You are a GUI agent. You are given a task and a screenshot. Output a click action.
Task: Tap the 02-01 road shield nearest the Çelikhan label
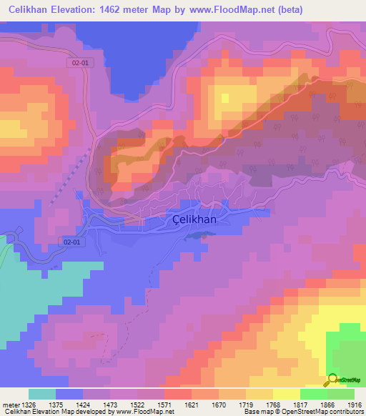[72, 242]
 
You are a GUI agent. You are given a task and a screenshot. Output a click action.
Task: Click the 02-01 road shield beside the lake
[81, 63]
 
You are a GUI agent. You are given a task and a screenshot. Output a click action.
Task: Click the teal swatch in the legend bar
[42, 394]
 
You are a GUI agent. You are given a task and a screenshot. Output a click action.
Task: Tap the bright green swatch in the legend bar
[313, 394]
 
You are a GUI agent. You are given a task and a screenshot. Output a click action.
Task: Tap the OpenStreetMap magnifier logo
[332, 380]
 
